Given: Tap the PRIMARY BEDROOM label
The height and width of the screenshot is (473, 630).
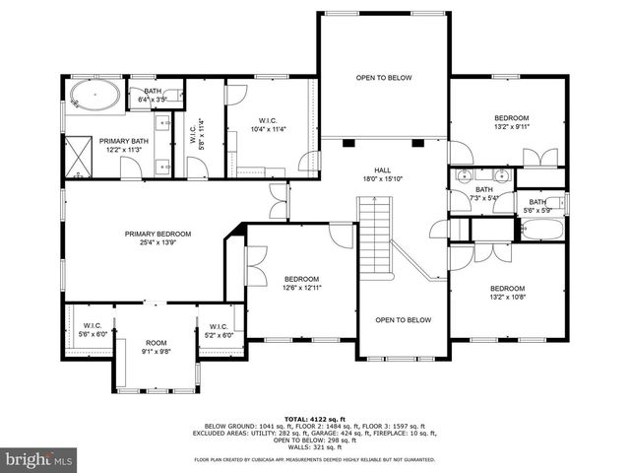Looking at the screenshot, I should click(x=157, y=234).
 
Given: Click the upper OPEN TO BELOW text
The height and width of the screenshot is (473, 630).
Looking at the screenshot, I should click(x=383, y=77).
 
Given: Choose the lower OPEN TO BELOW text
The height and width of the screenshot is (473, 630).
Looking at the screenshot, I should click(x=403, y=319).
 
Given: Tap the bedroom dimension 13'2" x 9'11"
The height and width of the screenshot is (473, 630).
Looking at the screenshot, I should click(x=511, y=126).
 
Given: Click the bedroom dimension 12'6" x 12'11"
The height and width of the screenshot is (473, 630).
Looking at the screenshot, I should click(x=302, y=288).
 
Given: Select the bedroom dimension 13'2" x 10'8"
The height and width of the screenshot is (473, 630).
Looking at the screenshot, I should click(x=510, y=296).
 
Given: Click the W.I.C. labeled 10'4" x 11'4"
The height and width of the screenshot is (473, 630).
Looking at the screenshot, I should click(x=267, y=129).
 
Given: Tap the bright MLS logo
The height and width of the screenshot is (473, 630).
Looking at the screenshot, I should click(x=38, y=459).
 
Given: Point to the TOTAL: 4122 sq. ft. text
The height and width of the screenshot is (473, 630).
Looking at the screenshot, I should click(x=315, y=419).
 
